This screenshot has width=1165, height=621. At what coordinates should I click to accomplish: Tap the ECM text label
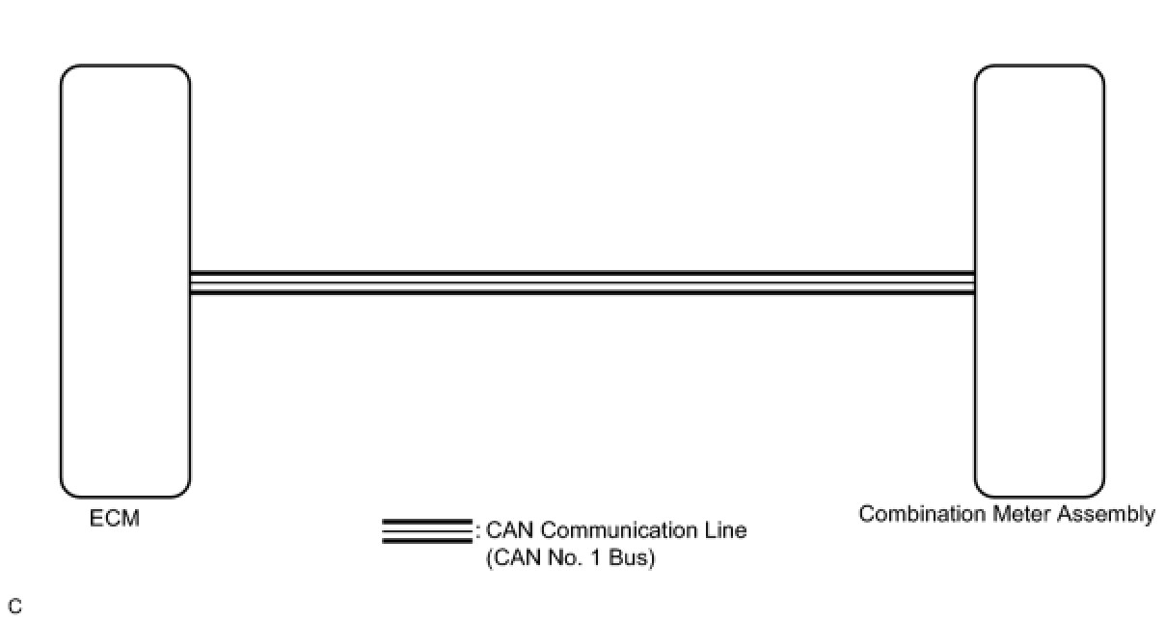pos(116,519)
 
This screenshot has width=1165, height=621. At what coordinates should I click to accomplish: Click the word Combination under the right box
pos(922,514)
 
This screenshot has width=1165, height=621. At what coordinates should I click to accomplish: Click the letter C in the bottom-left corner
pos(14,607)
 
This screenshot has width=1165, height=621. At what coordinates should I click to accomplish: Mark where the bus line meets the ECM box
pos(190,283)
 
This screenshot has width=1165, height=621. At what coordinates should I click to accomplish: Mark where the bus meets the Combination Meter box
pos(975,283)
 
